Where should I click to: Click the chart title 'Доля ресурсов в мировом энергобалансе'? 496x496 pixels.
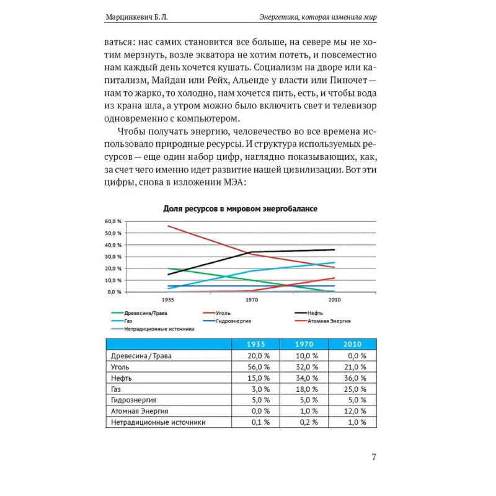click(240, 209)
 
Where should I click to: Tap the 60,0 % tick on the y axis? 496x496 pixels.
click(113, 221)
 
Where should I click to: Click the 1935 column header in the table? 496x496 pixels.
click(255, 344)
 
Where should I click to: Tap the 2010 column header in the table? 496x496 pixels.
click(352, 344)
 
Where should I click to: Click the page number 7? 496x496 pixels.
click(374, 458)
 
